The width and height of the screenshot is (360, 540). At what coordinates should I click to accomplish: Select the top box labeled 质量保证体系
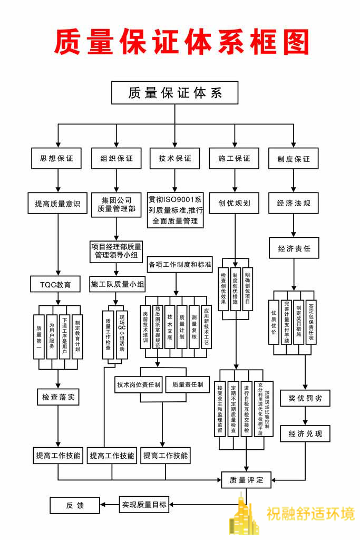[x=175, y=93]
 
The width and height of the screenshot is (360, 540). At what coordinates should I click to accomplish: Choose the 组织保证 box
[x=116, y=158]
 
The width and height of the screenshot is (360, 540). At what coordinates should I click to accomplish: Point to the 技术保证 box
[x=174, y=158]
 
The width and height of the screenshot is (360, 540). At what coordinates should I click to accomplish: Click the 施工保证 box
[x=234, y=158]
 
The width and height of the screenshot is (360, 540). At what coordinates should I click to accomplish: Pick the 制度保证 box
[x=294, y=158]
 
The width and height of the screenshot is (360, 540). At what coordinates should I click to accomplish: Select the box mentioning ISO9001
[x=175, y=210]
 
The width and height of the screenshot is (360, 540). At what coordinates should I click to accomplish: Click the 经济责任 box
[x=294, y=247]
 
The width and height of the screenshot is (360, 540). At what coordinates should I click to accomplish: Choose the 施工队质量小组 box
[x=118, y=285]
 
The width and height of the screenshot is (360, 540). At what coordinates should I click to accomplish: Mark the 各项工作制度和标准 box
[x=180, y=264]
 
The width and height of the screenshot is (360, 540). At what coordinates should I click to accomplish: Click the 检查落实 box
[x=57, y=397]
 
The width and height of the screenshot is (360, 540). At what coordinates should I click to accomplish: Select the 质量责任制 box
[x=188, y=384]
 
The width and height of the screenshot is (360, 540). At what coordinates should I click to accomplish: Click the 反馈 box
[x=74, y=505]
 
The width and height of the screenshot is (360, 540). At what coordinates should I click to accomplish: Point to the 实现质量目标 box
[x=144, y=505]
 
